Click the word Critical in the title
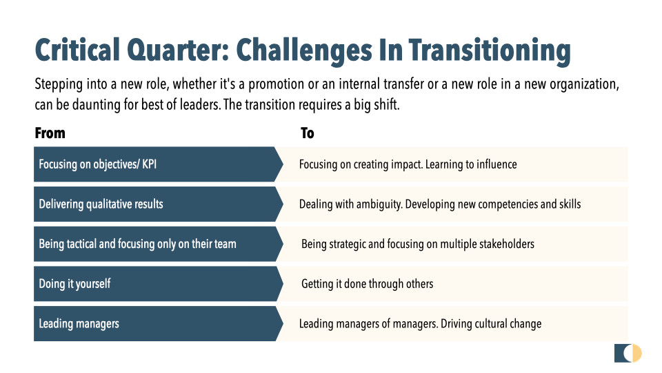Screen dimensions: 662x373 point(77,50)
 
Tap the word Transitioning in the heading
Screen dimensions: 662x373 point(490,51)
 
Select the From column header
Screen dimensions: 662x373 point(50,133)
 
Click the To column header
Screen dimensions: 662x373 point(308,133)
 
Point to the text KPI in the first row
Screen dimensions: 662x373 point(150,164)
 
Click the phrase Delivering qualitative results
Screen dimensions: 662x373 point(101,204)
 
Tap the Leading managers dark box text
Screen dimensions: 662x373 point(79,324)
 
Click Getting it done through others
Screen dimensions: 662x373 point(368,284)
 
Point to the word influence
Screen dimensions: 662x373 point(496,164)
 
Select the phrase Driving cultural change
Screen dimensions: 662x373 point(491,324)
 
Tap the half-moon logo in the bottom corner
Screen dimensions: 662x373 point(628,353)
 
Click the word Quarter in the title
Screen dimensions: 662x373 point(177,50)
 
